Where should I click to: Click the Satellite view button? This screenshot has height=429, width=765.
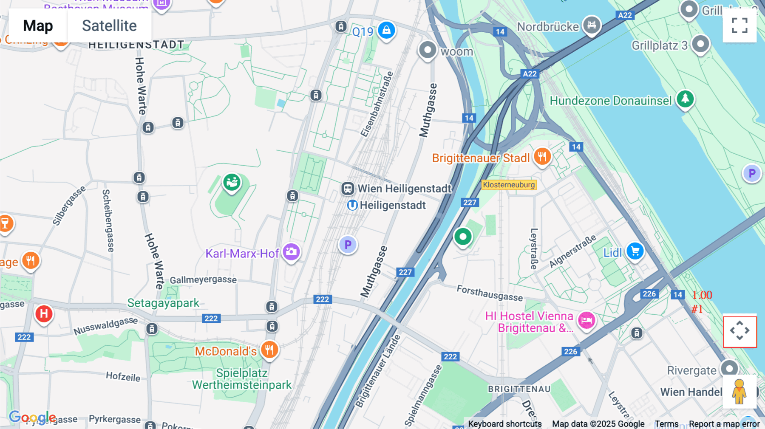tap(109, 25)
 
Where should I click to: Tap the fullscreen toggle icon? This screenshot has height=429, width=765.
tap(739, 25)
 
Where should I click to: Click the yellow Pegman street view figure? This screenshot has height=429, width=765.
tap(739, 391)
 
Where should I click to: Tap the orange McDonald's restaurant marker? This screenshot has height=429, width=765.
tap(269, 350)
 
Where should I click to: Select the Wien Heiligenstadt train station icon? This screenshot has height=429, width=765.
tap(348, 188)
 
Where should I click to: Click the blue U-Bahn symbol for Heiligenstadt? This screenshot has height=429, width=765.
tap(352, 206)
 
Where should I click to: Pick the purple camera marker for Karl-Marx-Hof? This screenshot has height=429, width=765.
tap(291, 251)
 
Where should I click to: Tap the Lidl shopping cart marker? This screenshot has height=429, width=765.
tap(635, 251)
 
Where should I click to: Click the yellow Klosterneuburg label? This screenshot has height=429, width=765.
tap(509, 185)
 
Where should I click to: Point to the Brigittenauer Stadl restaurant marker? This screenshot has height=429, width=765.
tap(542, 156)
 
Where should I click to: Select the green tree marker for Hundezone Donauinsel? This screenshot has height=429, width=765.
tap(685, 99)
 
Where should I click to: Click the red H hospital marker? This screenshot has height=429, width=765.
tap(44, 314)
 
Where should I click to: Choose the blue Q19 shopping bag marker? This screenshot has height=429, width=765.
tap(386, 30)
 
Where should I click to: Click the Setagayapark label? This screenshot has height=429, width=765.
tap(163, 303)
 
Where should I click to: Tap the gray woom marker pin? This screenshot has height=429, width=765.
tap(428, 50)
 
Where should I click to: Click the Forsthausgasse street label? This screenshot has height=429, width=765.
tap(490, 293)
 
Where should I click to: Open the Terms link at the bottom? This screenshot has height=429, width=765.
tap(666, 424)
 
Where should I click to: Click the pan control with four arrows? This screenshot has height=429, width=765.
tap(739, 331)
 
